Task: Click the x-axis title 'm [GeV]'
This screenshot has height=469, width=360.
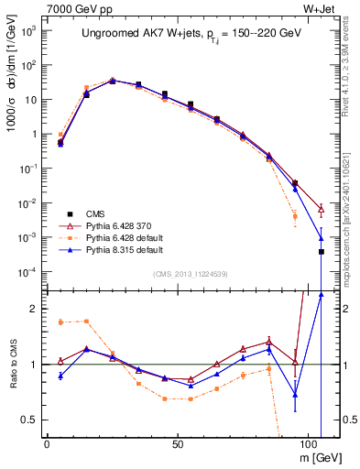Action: pyautogui.click(x=317, y=457)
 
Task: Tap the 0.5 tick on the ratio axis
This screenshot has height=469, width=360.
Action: pyautogui.click(x=29, y=420)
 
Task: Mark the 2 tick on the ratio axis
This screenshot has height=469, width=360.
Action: pyautogui.click(x=34, y=310)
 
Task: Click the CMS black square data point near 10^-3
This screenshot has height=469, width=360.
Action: pyautogui.click(x=321, y=252)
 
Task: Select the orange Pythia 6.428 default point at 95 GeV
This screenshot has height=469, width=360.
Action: pyautogui.click(x=295, y=216)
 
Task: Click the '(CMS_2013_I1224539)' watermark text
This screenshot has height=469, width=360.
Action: pyautogui.click(x=190, y=273)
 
